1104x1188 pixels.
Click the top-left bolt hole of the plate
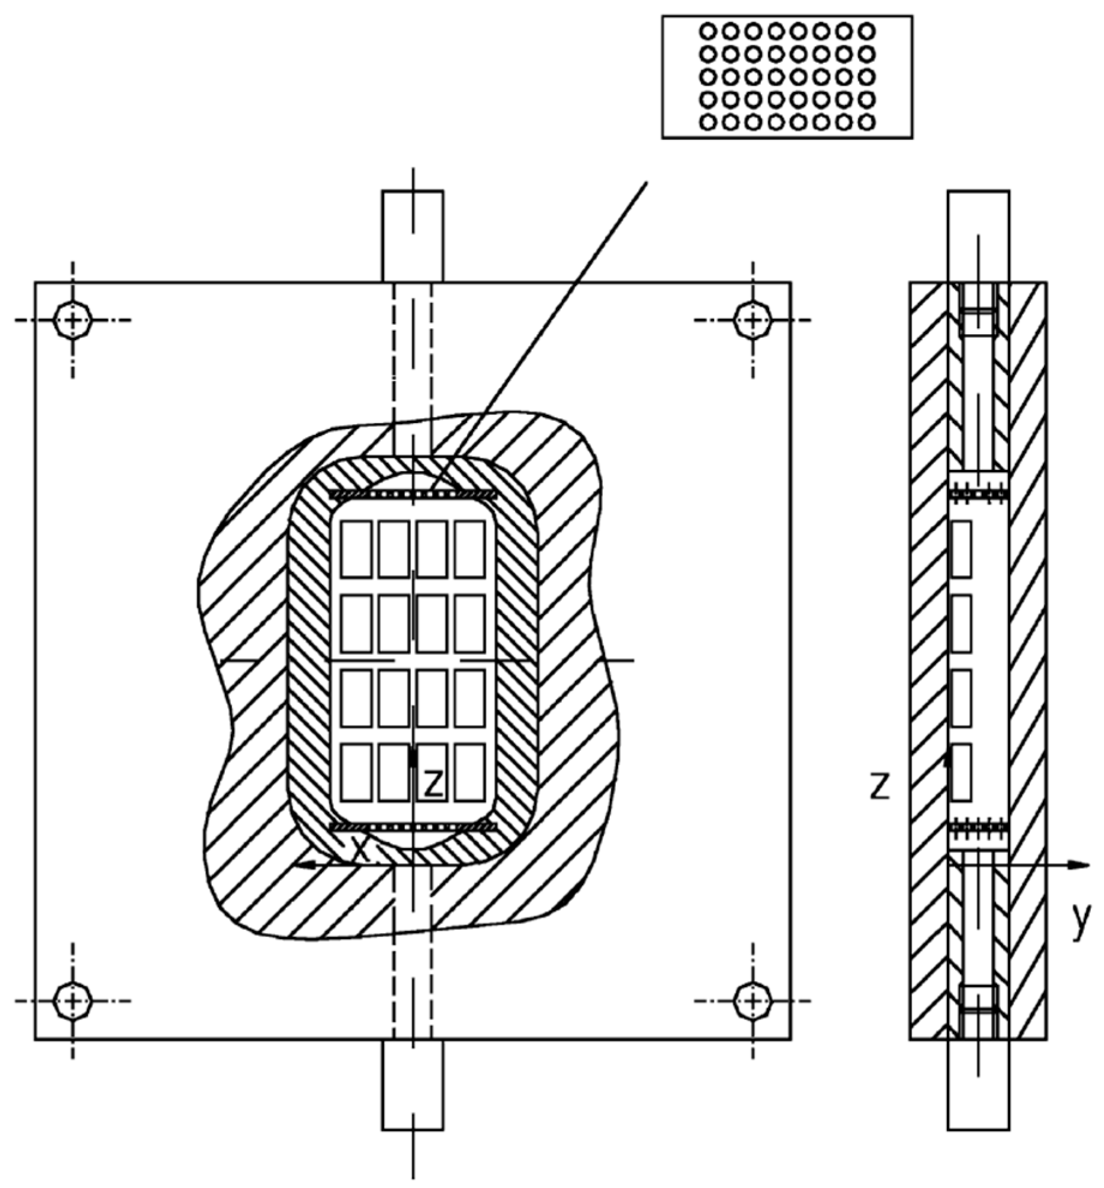tap(73, 320)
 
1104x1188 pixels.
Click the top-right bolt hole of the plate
tap(753, 320)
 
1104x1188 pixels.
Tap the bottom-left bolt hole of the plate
tap(73, 1001)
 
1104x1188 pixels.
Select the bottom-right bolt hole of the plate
tap(753, 1001)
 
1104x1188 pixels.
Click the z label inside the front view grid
tap(433, 784)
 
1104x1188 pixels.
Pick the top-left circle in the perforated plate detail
tap(708, 31)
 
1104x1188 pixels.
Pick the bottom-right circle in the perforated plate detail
tap(866, 122)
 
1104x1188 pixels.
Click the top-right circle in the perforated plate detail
tap(866, 31)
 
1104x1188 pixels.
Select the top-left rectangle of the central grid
tap(356, 549)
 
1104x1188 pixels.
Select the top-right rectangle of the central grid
tap(470, 549)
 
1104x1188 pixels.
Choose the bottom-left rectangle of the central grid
tap(356, 772)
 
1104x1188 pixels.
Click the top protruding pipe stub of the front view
tap(413, 236)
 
